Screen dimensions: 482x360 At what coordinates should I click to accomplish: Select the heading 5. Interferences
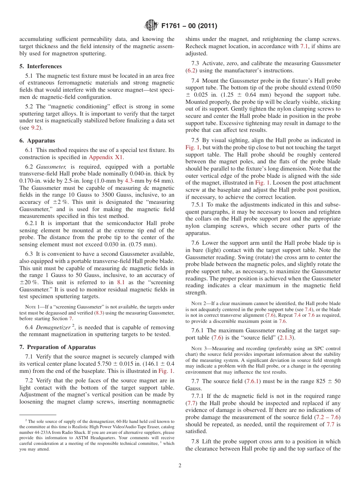click(41, 66)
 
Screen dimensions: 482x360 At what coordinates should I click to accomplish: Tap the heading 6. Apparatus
click(37, 140)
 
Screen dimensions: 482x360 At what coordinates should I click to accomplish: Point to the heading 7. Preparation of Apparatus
click(58, 347)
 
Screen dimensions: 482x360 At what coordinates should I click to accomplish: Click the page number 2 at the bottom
click(180, 466)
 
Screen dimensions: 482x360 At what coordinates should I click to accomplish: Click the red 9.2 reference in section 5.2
click(35, 128)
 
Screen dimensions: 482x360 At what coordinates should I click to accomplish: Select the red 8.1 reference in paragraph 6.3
click(121, 282)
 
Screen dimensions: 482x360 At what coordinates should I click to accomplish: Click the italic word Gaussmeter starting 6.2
click(52, 167)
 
